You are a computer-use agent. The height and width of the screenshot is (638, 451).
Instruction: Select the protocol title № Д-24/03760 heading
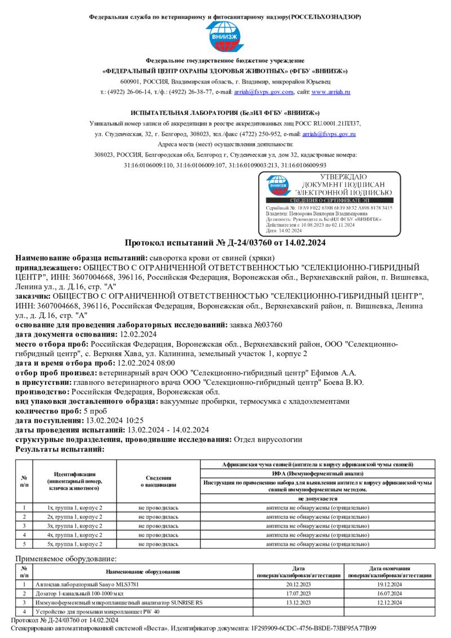pyautogui.click(x=225, y=243)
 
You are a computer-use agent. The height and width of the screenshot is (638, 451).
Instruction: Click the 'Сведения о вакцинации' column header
pyautogui.click(x=158, y=481)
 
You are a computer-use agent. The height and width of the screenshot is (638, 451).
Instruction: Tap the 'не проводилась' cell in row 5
pyautogui.click(x=158, y=544)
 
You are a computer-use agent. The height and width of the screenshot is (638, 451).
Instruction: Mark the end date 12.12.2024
pyautogui.click(x=389, y=602)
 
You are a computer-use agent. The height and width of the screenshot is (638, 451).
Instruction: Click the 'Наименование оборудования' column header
pyautogui.click(x=143, y=572)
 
